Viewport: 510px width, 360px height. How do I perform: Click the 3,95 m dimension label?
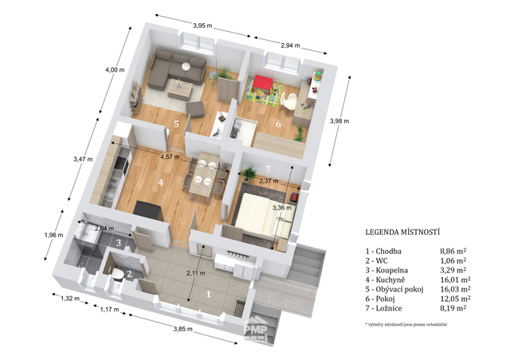202,25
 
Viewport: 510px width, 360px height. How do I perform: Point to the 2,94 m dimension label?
290,45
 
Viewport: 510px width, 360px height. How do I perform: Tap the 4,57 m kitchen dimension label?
170,157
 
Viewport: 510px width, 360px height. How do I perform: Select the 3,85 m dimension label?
182,329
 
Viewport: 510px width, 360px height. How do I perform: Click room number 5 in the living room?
176,124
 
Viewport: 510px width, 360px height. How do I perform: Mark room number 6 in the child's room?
278,124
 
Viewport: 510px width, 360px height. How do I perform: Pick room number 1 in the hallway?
209,294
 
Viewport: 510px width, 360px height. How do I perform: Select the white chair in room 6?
289,100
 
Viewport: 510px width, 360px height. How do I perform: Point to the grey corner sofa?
175,69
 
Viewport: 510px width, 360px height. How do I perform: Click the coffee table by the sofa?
179,88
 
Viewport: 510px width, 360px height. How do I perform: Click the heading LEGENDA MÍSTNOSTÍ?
402,233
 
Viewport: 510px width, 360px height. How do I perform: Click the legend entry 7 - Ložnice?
384,308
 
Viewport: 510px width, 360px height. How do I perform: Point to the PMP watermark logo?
256,330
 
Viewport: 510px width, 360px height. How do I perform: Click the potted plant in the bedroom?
249,173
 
